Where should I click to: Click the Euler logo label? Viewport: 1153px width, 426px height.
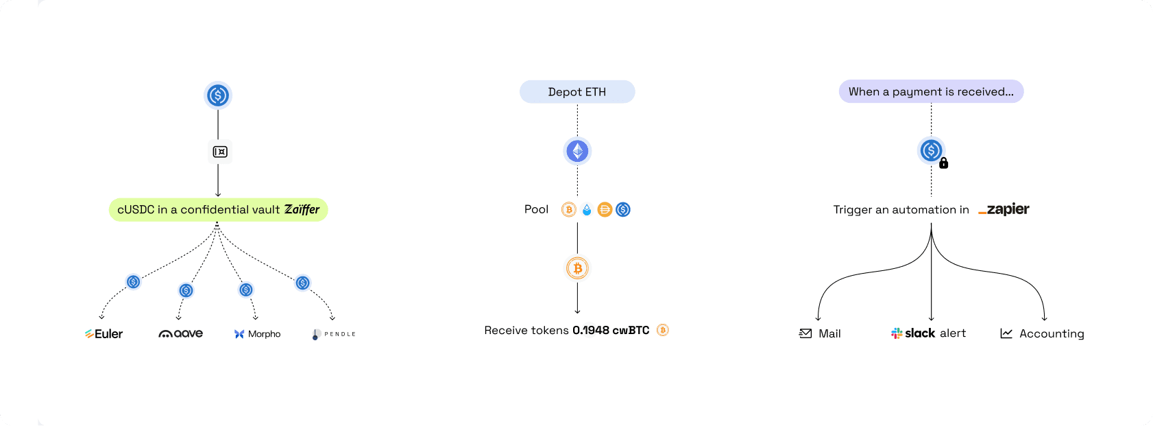(104, 334)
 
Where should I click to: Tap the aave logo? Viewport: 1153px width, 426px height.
(181, 334)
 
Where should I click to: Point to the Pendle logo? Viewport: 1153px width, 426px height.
(334, 334)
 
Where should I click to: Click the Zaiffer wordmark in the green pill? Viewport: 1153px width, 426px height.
(302, 209)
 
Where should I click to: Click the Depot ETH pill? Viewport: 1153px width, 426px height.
(577, 92)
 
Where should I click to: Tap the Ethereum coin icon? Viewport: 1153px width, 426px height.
(577, 151)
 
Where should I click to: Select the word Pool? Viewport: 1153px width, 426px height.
(536, 209)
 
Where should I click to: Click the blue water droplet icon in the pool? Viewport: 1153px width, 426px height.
(587, 210)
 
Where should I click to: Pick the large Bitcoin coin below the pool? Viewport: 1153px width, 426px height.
(577, 268)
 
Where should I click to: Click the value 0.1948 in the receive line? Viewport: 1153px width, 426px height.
(591, 331)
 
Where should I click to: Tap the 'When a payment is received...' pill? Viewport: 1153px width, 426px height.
(931, 92)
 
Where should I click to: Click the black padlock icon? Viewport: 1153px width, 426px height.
(944, 163)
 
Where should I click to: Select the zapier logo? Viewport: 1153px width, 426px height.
(1004, 209)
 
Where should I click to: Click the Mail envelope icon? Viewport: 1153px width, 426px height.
(805, 333)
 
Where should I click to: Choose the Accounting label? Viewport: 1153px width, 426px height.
(1052, 333)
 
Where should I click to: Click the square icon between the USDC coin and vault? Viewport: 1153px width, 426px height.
(220, 152)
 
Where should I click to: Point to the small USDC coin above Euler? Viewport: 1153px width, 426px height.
(134, 282)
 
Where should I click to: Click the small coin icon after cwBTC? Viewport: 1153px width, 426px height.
(662, 330)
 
